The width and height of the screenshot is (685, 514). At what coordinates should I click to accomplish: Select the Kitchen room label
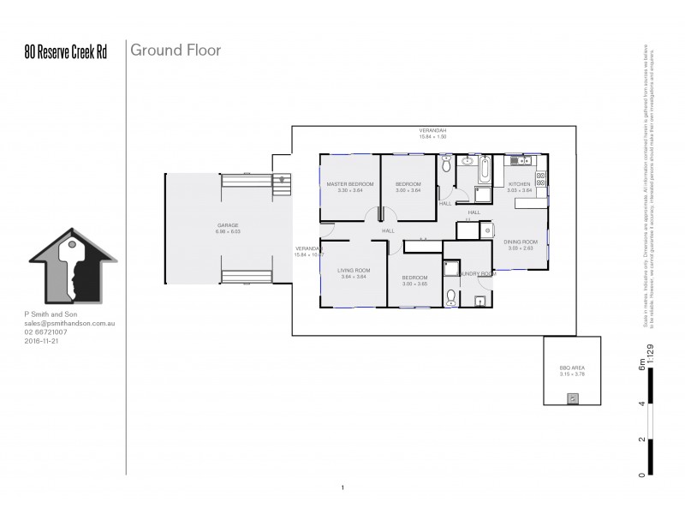pos(520,185)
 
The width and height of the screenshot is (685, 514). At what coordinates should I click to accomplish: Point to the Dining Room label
pos(519,242)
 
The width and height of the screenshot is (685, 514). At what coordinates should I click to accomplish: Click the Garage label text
pos(227,225)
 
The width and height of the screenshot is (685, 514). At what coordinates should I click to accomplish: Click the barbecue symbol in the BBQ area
pos(573,397)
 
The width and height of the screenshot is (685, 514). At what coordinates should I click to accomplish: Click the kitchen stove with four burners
pos(541,179)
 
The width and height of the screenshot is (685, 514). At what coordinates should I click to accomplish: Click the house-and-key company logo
pos(69,265)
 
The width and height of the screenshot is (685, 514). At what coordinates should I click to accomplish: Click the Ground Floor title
pos(176,51)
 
